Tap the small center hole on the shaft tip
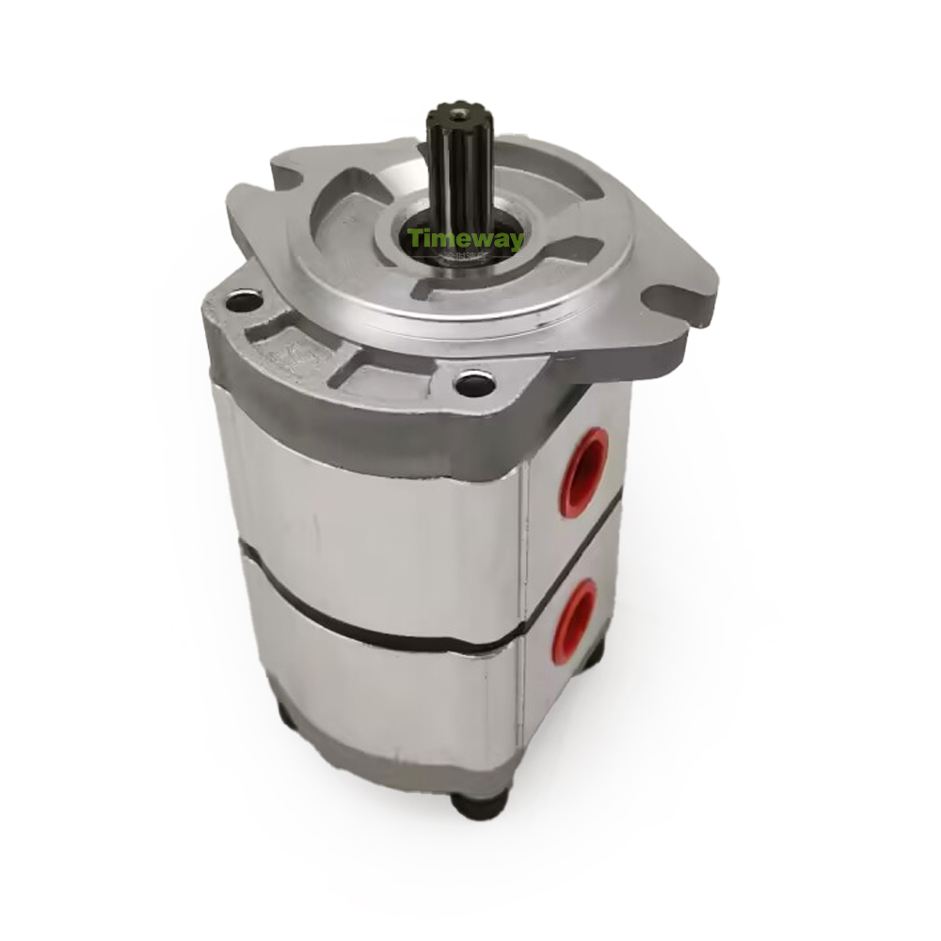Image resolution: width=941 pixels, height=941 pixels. [461, 112]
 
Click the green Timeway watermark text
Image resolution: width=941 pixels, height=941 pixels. [465, 239]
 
